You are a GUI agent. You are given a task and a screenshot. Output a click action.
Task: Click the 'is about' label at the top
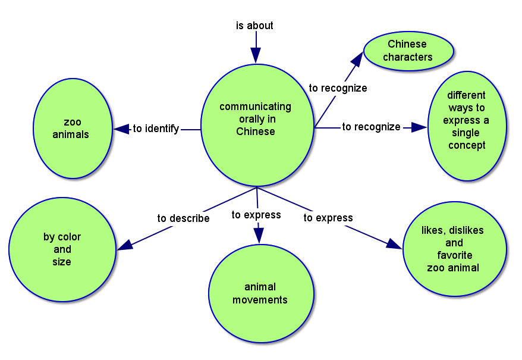point(254,26)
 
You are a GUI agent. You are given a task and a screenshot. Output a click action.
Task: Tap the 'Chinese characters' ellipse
point(408,51)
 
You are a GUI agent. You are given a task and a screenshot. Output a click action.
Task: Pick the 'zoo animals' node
point(73,129)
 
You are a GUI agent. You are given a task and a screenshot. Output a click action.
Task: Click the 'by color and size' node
point(62,249)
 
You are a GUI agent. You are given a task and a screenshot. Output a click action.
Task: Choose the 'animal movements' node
point(260,294)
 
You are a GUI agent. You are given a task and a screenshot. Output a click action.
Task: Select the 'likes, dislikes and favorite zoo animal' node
point(454,249)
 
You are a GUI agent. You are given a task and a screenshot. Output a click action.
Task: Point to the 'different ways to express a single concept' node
point(467,120)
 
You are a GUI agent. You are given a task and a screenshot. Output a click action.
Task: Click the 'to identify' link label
point(156,129)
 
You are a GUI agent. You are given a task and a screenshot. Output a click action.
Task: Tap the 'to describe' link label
point(183,218)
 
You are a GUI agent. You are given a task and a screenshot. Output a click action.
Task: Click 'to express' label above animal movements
point(256,215)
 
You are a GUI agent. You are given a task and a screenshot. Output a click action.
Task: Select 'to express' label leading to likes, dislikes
point(328,218)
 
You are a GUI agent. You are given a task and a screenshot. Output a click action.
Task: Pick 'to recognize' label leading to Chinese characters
point(338,88)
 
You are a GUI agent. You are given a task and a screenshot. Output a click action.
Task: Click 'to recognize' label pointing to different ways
point(371,127)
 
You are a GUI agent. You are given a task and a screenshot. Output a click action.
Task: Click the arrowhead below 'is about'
point(256,55)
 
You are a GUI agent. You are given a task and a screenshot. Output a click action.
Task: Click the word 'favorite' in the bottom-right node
point(455,255)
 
